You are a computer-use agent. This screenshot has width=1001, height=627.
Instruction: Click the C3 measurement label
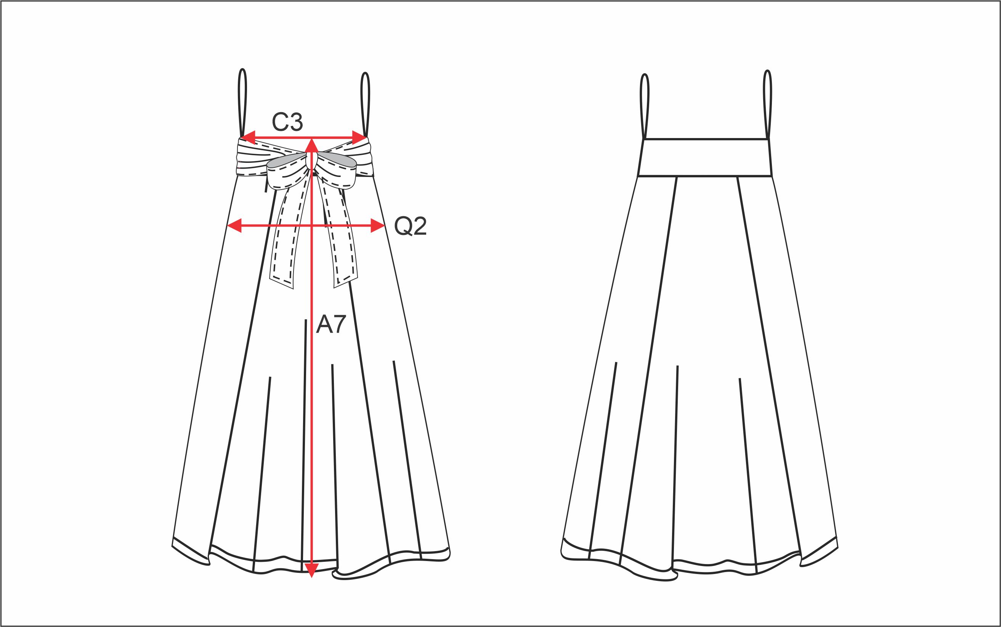[x=287, y=122]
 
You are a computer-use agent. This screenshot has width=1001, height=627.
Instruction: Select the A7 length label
[x=331, y=324]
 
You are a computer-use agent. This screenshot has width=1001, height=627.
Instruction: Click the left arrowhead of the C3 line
[x=248, y=137]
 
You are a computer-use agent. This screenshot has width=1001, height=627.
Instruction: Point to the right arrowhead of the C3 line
[x=359, y=137]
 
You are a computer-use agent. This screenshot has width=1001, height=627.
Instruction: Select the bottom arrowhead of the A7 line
[x=311, y=570]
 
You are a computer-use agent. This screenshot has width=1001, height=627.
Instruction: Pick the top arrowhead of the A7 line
[x=311, y=146]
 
